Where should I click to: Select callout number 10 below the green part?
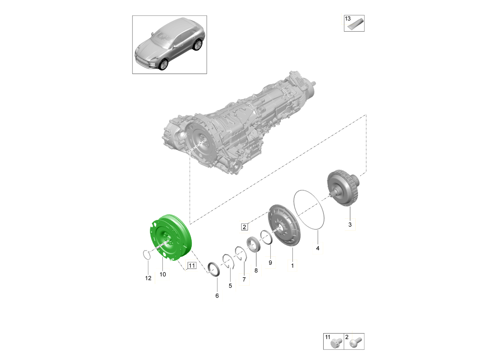coord(163,274)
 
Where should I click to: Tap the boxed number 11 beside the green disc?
coord(192,266)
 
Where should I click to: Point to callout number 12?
coord(148,278)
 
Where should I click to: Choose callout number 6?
coord(217,296)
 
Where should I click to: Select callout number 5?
coord(230,286)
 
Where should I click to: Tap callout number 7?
coord(244,279)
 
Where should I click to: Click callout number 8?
coord(256,270)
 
